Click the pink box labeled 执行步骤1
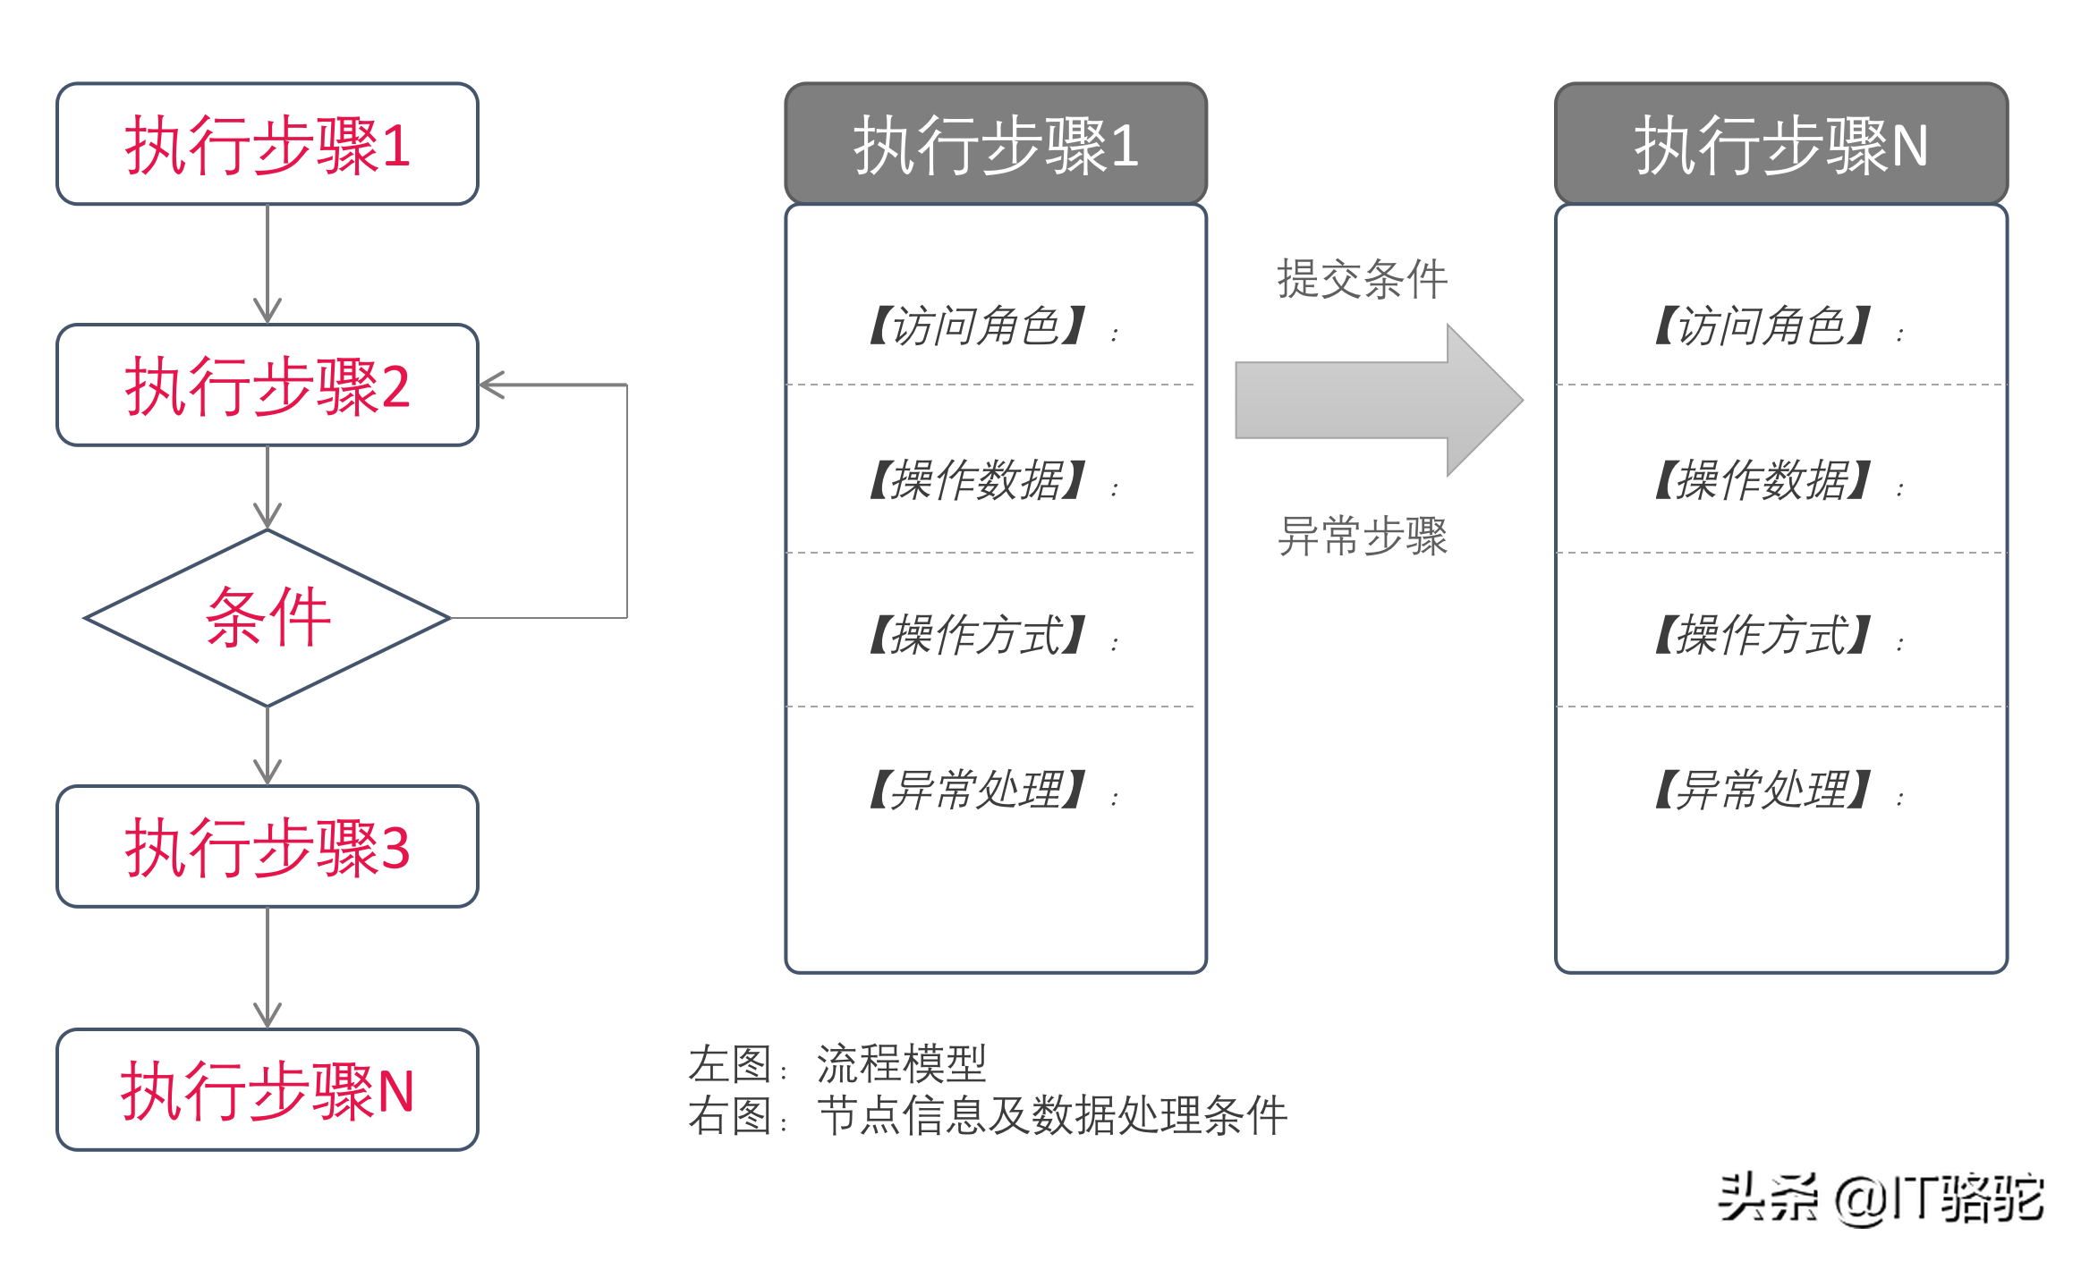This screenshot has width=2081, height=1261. [268, 144]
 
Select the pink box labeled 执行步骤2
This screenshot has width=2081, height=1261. [268, 385]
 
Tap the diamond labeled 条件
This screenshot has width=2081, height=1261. [268, 618]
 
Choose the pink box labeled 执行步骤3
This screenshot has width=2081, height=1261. [268, 847]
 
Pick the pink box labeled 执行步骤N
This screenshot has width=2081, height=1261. [268, 1090]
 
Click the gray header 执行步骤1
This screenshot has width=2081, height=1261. [996, 144]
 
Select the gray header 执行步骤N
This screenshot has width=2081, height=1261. [1780, 144]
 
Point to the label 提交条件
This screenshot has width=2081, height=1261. [1362, 279]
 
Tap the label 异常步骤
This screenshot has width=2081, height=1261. [1362, 537]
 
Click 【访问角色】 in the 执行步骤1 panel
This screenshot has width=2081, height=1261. [977, 326]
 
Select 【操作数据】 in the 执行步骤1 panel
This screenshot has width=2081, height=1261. [977, 480]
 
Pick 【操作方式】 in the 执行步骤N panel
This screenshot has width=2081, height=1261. [1762, 635]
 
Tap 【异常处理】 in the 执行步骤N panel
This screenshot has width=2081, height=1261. [1762, 790]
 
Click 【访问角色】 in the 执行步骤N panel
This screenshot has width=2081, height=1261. [1762, 326]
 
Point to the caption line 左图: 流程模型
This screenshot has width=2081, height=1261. [837, 1064]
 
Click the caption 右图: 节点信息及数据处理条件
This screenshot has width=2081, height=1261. [988, 1116]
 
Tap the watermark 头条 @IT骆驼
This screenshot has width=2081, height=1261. [1881, 1198]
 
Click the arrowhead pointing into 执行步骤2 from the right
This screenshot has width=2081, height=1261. [493, 385]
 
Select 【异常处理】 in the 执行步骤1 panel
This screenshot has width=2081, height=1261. [977, 790]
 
